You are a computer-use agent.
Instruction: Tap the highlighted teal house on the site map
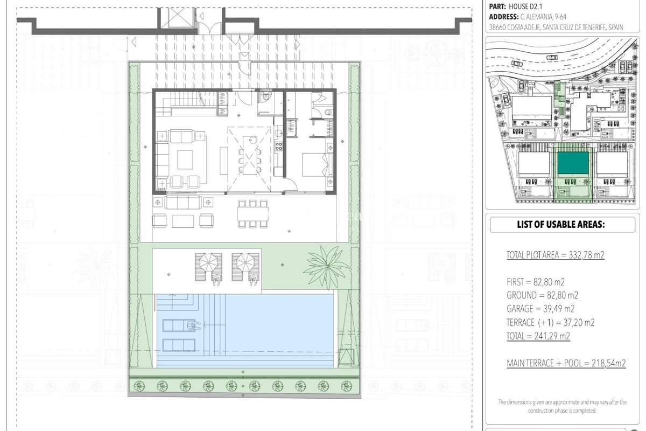573,163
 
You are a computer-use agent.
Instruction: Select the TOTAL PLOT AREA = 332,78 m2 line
555,255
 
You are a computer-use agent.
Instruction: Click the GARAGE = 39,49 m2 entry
540,309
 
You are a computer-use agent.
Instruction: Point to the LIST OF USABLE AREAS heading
560,224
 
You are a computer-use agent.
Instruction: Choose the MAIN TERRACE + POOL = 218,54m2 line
566,363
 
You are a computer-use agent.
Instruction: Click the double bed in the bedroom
317,164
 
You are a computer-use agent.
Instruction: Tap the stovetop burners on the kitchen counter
279,146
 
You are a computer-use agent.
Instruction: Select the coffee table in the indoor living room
185,159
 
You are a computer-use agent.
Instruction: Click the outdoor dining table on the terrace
252,214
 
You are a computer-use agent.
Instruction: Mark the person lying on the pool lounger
193,325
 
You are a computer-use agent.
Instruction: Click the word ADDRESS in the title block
503,17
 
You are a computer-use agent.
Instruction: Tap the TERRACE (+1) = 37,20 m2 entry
551,322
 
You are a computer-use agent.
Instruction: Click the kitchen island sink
252,140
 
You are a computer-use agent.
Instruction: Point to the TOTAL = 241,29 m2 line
538,336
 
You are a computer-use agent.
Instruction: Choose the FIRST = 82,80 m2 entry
535,282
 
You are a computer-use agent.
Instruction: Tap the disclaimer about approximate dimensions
563,406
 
